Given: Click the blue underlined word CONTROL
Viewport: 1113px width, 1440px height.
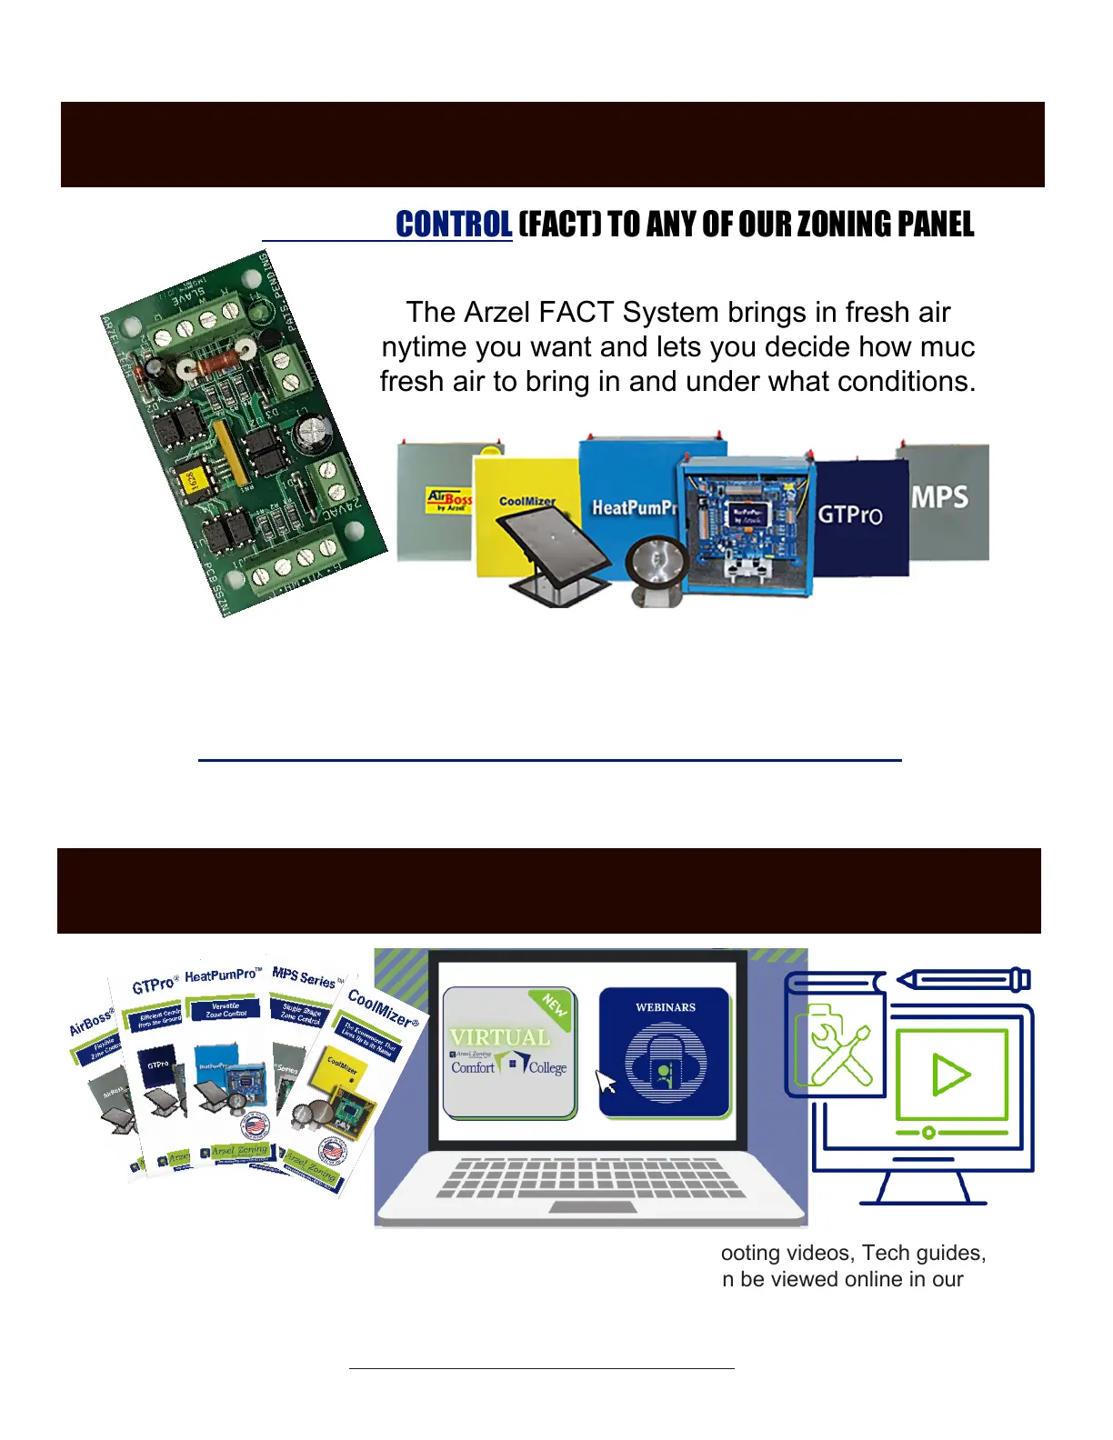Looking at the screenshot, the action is (454, 224).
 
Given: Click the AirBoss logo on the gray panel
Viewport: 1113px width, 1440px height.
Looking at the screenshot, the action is (449, 500).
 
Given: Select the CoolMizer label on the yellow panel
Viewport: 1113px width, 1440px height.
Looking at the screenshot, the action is (526, 501).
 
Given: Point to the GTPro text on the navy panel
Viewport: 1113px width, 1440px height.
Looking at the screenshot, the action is (849, 515).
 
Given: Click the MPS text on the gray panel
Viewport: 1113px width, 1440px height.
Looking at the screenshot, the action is (939, 497).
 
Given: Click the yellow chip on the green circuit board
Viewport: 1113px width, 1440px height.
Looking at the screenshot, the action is (194, 482).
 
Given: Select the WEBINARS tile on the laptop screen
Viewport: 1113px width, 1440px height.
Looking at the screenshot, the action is (665, 1051).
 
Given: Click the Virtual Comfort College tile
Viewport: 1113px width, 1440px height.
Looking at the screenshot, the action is (509, 1053).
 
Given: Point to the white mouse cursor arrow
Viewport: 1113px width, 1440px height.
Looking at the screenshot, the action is (606, 1082).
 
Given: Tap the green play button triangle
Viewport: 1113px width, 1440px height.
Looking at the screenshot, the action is (950, 1075).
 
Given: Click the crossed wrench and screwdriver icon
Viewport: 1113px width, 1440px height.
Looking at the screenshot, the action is (839, 1055).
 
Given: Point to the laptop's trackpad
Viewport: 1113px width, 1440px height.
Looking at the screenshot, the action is (592, 1206).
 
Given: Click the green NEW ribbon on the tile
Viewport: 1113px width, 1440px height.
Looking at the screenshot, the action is (553, 1005).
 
